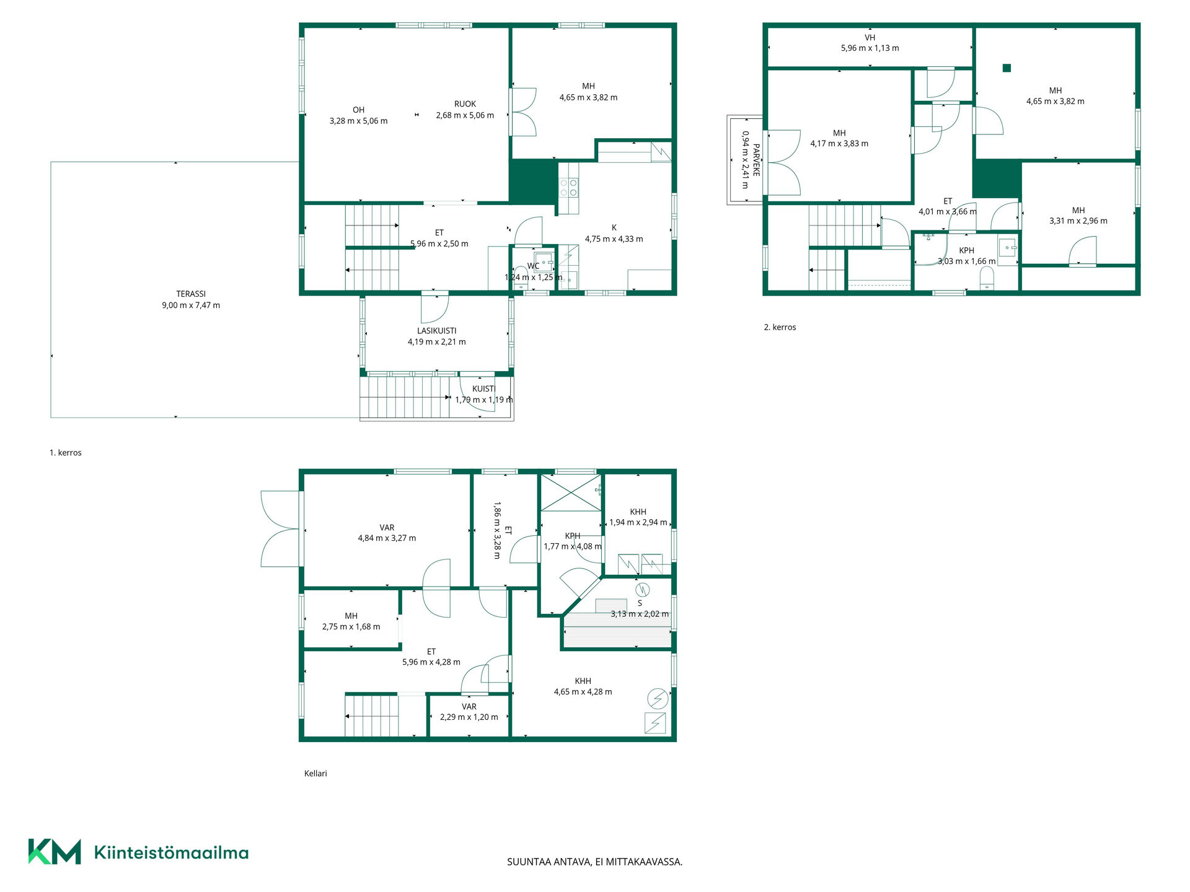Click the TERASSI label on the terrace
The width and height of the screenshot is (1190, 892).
pyautogui.click(x=191, y=294)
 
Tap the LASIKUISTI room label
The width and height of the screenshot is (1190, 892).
pyautogui.click(x=437, y=331)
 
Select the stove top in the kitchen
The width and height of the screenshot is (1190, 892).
pyautogui.click(x=568, y=187)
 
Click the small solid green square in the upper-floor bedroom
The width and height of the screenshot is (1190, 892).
pyautogui.click(x=1007, y=68)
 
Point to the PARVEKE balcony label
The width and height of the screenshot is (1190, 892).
pyautogui.click(x=756, y=160)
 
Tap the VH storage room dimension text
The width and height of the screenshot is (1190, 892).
pyautogui.click(x=870, y=48)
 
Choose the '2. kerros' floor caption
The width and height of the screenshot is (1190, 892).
pyautogui.click(x=780, y=327)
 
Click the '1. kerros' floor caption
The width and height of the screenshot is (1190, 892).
pyautogui.click(x=66, y=453)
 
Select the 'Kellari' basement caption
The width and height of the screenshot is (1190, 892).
pyautogui.click(x=315, y=773)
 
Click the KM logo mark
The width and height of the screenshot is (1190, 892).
pyautogui.click(x=55, y=852)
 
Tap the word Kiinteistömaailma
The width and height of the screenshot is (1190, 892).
pyautogui.click(x=171, y=852)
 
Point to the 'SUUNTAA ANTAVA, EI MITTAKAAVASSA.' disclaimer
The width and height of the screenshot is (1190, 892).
pyautogui.click(x=595, y=862)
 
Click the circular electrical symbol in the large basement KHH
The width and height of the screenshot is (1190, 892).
pyautogui.click(x=658, y=699)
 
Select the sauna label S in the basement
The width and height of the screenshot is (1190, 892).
pyautogui.click(x=640, y=603)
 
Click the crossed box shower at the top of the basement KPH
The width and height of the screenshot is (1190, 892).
pyautogui.click(x=571, y=493)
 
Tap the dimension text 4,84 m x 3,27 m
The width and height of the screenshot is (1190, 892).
pyautogui.click(x=387, y=538)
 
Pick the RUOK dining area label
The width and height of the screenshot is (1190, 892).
pyautogui.click(x=465, y=104)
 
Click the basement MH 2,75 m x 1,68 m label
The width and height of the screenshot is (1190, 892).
pyautogui.click(x=351, y=621)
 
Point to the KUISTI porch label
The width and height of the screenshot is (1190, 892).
pyautogui.click(x=484, y=389)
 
